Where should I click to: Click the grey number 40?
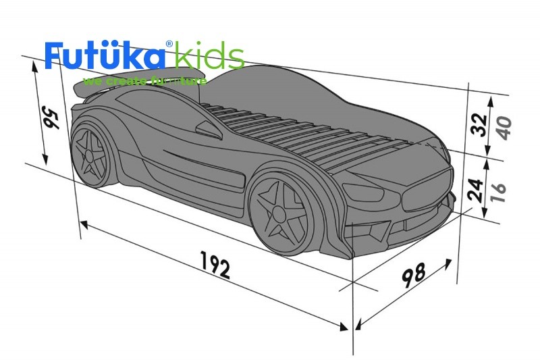502,127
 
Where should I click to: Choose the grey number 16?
499,190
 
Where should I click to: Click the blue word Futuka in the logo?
105,57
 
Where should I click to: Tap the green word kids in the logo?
209,57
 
